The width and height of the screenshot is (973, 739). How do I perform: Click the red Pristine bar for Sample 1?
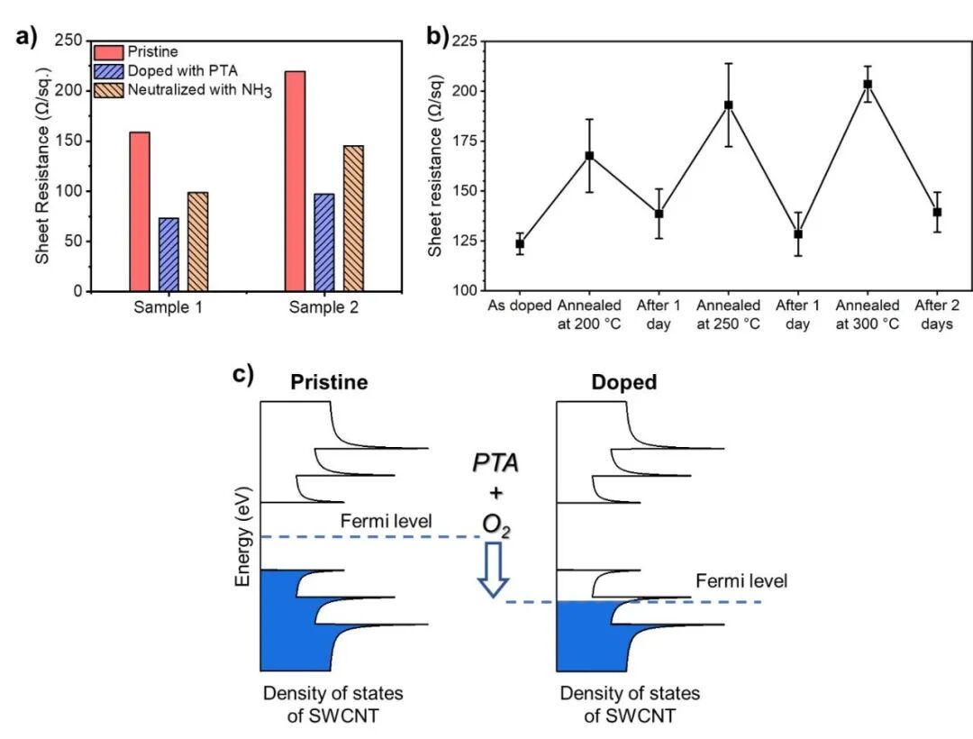point(140,212)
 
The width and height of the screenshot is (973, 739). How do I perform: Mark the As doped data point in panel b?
point(520,244)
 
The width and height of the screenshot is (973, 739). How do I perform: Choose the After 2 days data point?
point(937,212)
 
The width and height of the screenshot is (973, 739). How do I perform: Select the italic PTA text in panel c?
point(496,465)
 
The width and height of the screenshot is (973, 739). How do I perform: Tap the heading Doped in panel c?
point(623,382)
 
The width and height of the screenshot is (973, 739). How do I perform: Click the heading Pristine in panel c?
point(329,382)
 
